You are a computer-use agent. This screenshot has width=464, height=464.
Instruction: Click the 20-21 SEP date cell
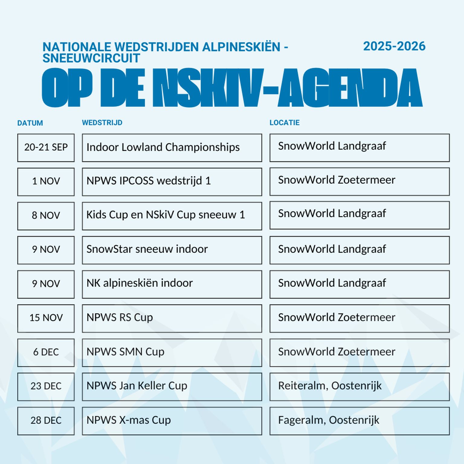point(46,147)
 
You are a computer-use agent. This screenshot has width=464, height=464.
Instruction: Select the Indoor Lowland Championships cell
point(172,147)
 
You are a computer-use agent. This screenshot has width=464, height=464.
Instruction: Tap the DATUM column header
point(30,123)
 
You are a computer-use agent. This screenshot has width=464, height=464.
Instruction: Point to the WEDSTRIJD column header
point(102,123)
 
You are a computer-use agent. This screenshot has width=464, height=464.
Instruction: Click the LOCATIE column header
point(285,123)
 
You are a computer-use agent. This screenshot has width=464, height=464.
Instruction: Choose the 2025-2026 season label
point(394,46)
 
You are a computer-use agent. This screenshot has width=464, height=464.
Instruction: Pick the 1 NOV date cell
point(46,182)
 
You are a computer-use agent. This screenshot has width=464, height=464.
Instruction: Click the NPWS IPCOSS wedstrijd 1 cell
point(172,182)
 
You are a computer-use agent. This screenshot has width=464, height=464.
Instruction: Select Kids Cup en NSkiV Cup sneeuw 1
point(172,216)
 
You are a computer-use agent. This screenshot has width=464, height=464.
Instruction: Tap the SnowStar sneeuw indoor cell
point(172,250)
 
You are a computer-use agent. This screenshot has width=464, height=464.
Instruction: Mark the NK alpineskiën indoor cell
point(172,284)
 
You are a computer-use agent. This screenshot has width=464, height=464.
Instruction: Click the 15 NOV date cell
point(46,318)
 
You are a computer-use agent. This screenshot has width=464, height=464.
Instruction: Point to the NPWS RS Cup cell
point(172,318)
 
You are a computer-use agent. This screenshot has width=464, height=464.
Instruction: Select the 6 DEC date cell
point(46,352)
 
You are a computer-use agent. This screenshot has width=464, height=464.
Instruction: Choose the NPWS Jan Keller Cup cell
point(172,386)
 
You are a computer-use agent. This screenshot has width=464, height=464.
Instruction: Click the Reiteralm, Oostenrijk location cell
point(359,386)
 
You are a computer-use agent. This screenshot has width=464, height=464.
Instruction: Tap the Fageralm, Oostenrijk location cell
point(359,420)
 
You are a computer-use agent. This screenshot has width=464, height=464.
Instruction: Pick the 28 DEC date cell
point(46,420)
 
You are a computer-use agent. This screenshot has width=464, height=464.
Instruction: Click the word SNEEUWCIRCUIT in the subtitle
point(91,58)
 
